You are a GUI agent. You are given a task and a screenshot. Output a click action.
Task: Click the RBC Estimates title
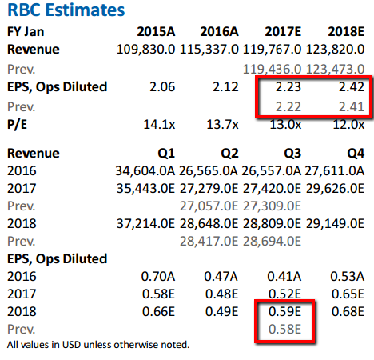coord(66,10)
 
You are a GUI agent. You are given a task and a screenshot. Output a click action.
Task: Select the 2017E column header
coord(283,32)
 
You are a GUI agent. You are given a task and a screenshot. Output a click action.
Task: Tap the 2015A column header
coord(156,32)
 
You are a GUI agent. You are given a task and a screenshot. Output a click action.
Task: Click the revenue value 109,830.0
coord(146,50)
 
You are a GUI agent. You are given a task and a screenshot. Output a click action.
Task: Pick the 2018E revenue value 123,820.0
coord(335,50)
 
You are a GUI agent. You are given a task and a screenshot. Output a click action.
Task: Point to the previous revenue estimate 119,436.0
coord(272,70)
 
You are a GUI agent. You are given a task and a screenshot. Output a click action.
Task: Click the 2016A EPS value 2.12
coord(225,87)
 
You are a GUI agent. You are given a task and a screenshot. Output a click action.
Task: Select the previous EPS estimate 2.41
coord(352,107)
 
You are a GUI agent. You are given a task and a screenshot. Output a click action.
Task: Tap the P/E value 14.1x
coord(159,125)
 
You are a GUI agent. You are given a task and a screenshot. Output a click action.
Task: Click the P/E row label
coord(17,125)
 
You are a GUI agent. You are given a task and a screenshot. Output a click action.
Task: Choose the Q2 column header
coord(229,154)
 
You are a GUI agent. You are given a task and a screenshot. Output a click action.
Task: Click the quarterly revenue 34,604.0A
coord(145,171)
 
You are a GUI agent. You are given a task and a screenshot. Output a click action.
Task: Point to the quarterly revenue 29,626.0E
coord(335,189)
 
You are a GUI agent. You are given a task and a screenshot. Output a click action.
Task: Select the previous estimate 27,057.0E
coord(209,206)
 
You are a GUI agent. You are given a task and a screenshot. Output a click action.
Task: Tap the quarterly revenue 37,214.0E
coord(145,224)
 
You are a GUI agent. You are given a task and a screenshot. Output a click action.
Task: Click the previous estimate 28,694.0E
coord(272,242)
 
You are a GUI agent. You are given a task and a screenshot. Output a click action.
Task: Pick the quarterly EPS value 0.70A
coord(158,277)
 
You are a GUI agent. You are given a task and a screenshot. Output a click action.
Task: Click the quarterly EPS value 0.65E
coord(348,294)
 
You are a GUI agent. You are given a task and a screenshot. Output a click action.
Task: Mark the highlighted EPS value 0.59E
coord(284,312)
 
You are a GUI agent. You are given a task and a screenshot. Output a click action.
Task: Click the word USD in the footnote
coord(71,345)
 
